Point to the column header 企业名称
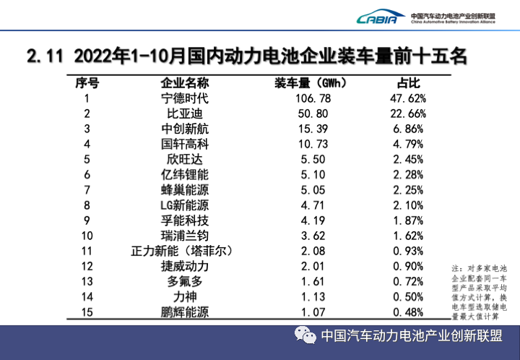[x=184, y=82]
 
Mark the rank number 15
[x=87, y=312]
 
